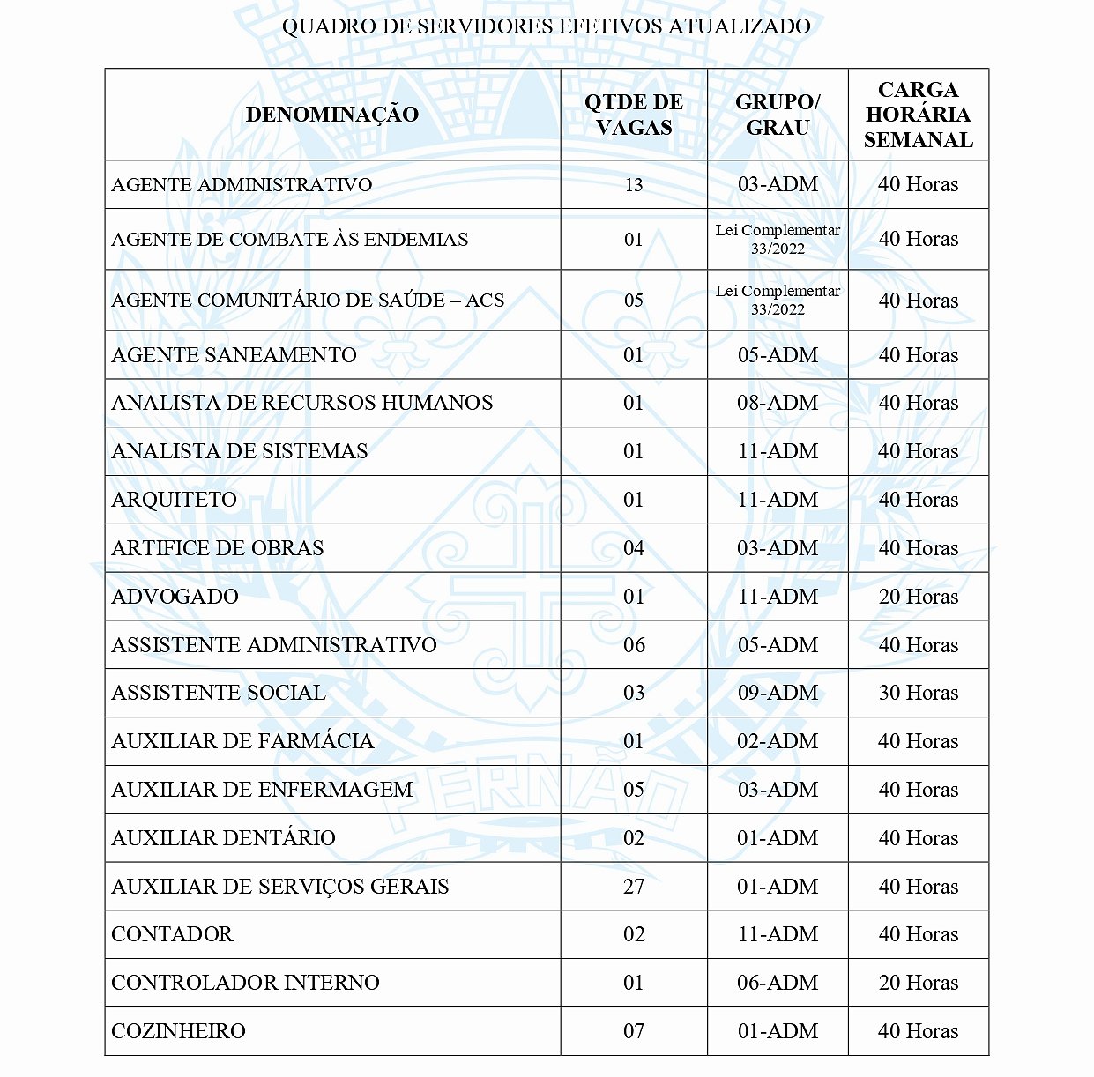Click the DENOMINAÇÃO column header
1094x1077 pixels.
(332, 115)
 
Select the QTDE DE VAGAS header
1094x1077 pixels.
(634, 115)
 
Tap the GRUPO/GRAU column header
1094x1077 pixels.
(778, 115)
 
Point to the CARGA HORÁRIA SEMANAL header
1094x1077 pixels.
(919, 115)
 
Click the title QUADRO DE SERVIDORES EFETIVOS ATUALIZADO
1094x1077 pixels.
(547, 26)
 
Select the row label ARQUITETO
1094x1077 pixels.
(175, 500)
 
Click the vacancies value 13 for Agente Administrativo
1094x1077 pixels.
(634, 185)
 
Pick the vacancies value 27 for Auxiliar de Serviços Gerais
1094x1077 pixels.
(634, 887)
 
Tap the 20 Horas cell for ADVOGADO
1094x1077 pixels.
(919, 597)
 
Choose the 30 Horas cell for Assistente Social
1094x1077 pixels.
(919, 693)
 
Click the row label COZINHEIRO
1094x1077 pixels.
(179, 1031)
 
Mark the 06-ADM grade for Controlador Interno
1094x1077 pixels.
(778, 983)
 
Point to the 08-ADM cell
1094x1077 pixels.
(778, 403)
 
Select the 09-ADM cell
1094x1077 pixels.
(778, 693)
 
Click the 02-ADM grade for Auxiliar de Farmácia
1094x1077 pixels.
(778, 741)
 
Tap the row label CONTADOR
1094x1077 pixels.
(173, 934)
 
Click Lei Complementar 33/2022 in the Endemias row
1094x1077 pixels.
(778, 239)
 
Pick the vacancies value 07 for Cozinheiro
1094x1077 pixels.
(634, 1031)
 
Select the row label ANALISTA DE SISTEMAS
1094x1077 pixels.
(240, 451)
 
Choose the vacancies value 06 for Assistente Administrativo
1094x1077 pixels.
(634, 645)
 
